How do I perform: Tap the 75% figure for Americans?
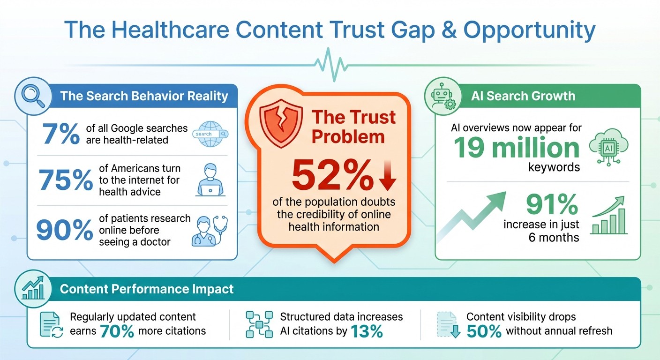(x=65, y=180)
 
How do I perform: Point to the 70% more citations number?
(x=117, y=331)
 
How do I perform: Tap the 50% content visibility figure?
(x=484, y=331)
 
